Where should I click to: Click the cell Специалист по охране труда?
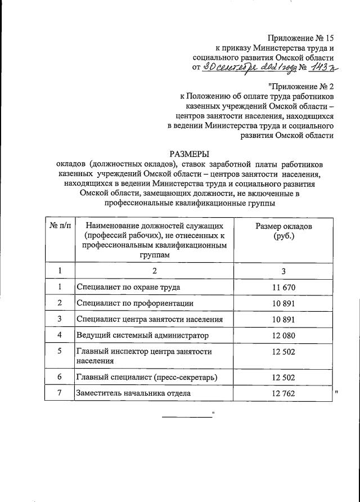tap(128, 287)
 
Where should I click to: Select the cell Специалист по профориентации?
tap(135, 303)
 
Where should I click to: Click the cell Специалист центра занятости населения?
tap(150, 319)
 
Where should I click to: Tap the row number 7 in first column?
tap(60, 393)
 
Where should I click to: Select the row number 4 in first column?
tap(60, 335)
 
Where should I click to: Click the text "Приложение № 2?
tap(301, 86)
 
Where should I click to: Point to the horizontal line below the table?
tap(186, 417)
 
